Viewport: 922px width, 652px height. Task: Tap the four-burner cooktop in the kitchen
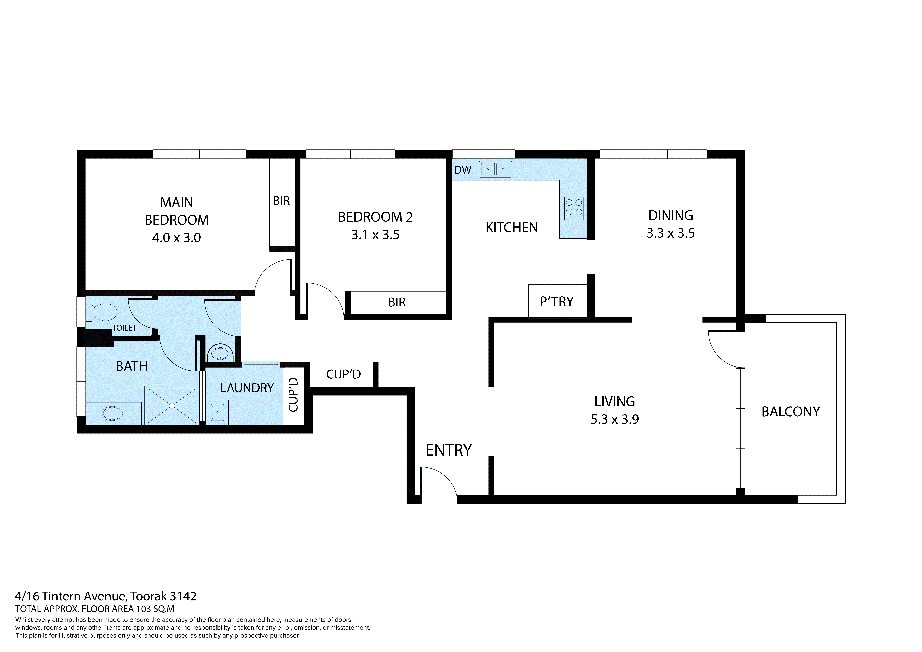pyautogui.click(x=573, y=208)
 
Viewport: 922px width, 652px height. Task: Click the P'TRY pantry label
pyautogui.click(x=557, y=302)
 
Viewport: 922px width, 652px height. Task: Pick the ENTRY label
pyautogui.click(x=449, y=450)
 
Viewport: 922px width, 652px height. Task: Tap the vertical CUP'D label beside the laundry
pyautogui.click(x=294, y=395)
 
